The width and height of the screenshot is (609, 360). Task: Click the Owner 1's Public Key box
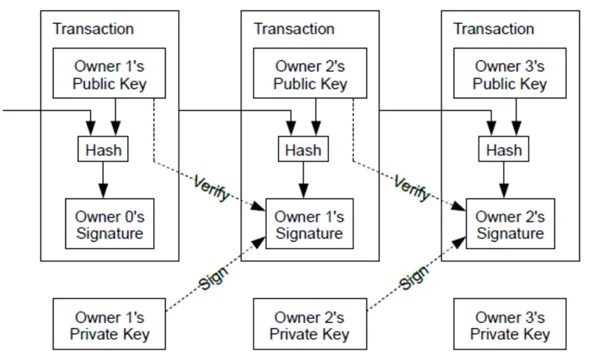109,75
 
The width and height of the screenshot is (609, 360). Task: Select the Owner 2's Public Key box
310,75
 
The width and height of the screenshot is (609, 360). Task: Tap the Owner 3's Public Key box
510,75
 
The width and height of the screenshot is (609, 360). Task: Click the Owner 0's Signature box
109,225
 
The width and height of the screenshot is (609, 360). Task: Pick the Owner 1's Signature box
309,225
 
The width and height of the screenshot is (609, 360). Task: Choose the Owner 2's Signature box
510,225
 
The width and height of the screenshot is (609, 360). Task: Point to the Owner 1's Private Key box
109,326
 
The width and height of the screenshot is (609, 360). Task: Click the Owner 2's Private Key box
309,326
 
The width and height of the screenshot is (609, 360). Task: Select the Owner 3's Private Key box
510,326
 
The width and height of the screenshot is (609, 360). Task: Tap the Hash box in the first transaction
103,150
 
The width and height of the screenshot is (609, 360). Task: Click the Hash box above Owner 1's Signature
302,150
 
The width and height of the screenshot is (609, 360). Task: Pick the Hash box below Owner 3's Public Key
504,150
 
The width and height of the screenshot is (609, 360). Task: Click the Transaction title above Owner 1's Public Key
93,29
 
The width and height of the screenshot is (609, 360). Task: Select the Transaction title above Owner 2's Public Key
294,29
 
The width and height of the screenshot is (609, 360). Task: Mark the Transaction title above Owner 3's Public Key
493,29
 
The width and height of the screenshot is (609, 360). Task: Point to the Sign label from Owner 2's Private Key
414,277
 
